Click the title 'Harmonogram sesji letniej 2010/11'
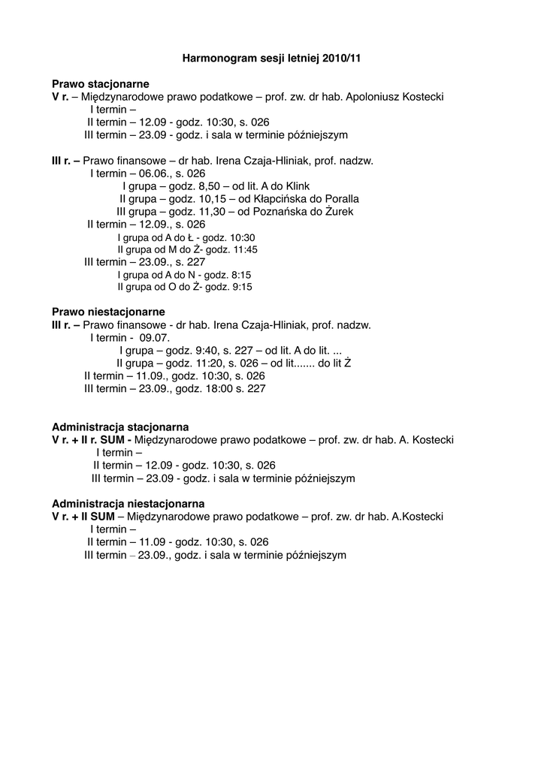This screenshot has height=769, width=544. click(271, 57)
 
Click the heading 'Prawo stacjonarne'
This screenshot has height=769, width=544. click(100, 83)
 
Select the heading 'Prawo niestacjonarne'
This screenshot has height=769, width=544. click(108, 312)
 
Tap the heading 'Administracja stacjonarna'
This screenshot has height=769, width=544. click(120, 427)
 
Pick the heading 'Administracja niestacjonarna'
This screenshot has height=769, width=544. click(128, 503)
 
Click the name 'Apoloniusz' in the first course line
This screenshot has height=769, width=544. click(373, 97)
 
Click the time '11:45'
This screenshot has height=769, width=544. click(242, 249)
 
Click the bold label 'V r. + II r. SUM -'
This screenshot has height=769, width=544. click(92, 439)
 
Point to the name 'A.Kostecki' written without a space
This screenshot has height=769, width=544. click(418, 517)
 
